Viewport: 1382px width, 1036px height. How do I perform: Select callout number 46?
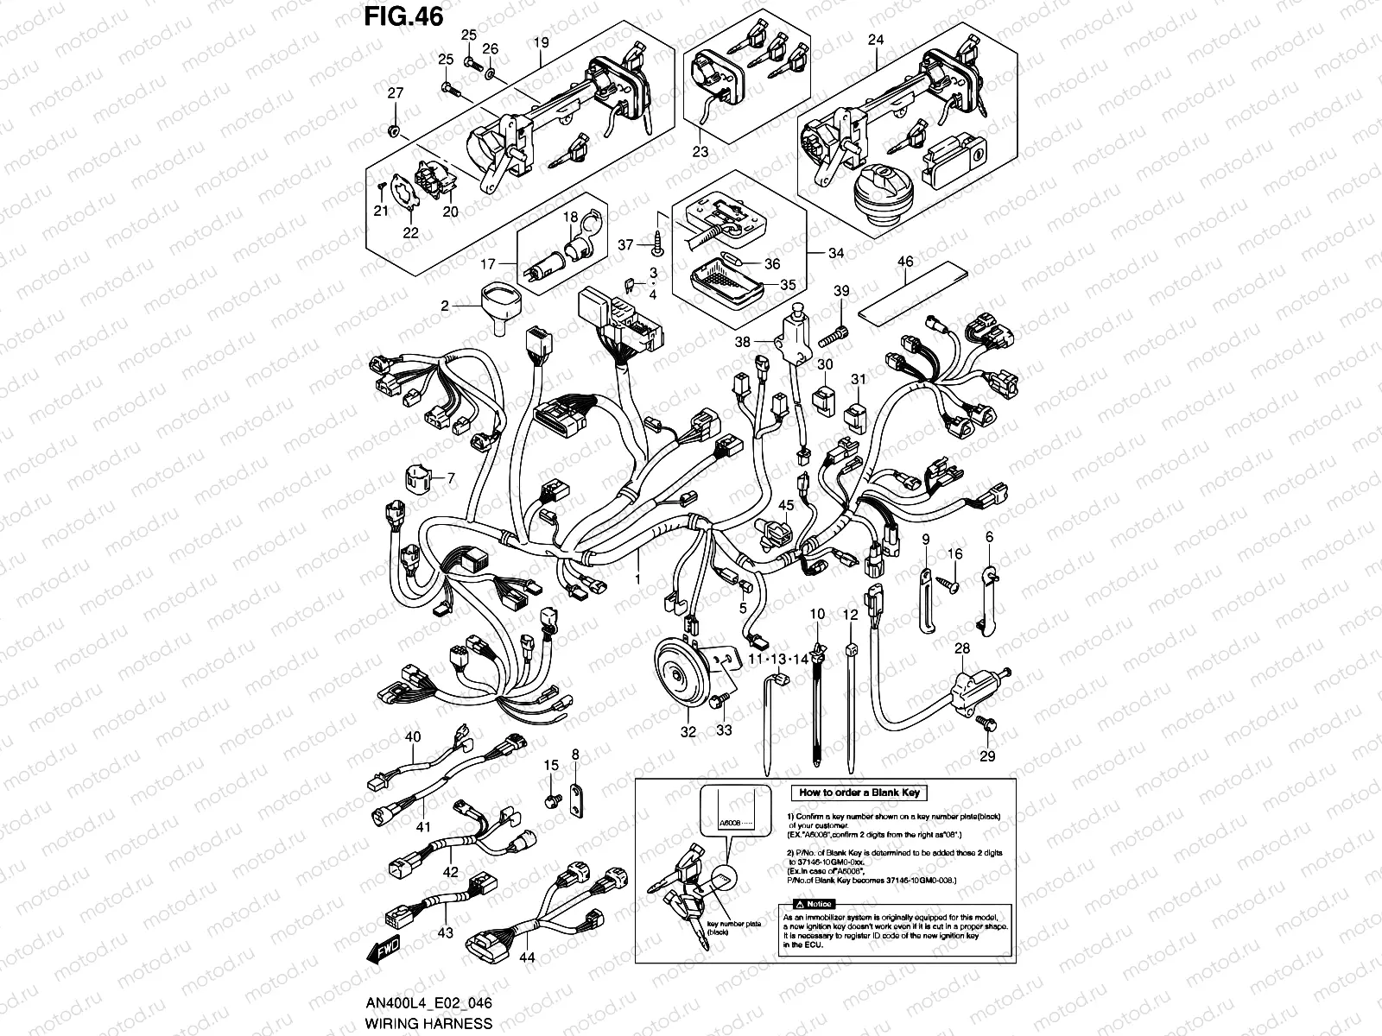[x=904, y=260]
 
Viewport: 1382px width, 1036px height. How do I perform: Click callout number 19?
[x=541, y=40]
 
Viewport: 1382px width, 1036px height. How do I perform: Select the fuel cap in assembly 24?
[x=879, y=193]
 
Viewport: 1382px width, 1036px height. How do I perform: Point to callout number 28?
[x=962, y=648]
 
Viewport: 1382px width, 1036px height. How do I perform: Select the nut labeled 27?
[x=394, y=131]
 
